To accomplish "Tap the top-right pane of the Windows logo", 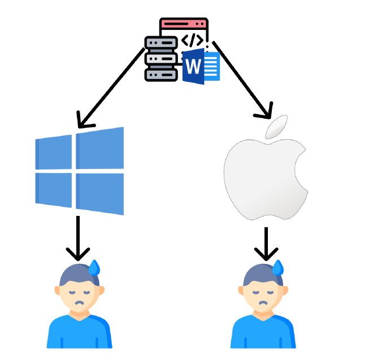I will (99, 148).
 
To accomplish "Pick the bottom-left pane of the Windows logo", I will (54, 189).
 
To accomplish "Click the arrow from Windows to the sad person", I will (78, 237).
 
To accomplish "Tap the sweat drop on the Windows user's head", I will (94, 267).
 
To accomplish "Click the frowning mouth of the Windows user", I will (80, 303).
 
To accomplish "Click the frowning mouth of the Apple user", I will (263, 303).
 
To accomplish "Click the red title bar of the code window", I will (184, 24).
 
